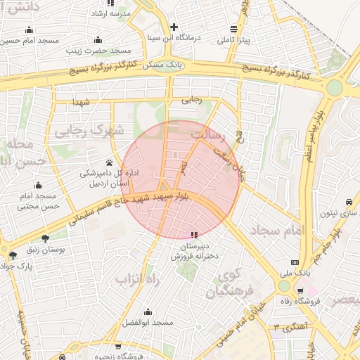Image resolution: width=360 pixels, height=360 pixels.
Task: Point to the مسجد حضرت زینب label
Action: (99, 51)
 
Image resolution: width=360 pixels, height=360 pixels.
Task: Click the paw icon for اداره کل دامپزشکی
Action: (108, 162)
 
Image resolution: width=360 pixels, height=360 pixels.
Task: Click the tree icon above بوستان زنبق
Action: (46, 238)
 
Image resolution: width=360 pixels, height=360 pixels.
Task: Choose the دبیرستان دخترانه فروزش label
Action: (194, 252)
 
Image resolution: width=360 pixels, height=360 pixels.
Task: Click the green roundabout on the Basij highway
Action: (335, 87)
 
